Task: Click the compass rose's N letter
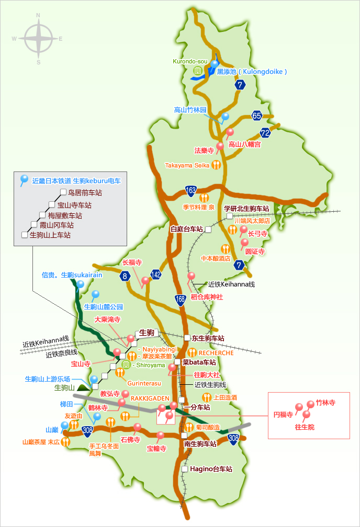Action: tap(38, 15)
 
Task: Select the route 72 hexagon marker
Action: tap(265, 133)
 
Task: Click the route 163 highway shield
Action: tap(191, 190)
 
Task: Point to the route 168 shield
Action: tap(181, 299)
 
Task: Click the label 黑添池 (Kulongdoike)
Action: tap(252, 71)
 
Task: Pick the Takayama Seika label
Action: tap(187, 165)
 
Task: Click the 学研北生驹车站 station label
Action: tap(246, 209)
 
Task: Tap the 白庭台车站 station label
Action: tap(187, 229)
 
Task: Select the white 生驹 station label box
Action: tap(146, 333)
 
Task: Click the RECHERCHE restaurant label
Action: tap(216, 353)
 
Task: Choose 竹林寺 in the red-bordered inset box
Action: tap(325, 403)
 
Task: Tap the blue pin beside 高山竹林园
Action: tap(226, 117)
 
